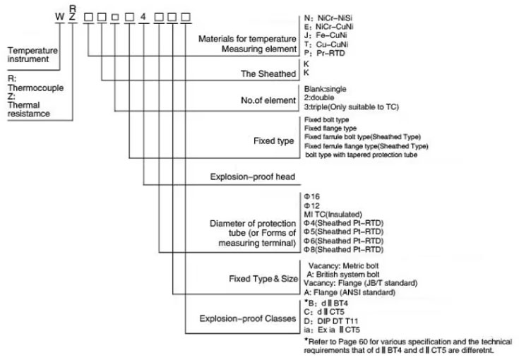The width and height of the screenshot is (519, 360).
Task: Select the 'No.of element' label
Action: [268, 100]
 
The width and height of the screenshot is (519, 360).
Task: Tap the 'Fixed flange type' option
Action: [333, 128]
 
